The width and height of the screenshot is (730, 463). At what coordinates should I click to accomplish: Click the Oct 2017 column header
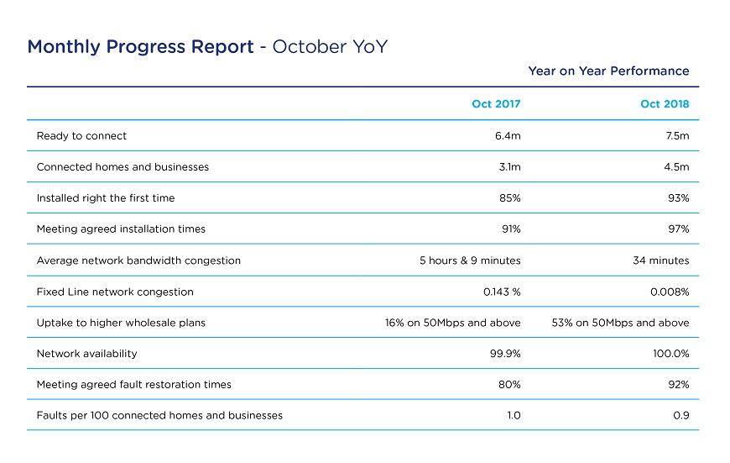click(x=496, y=104)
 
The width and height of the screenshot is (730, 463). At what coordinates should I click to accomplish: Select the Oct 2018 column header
click(x=665, y=104)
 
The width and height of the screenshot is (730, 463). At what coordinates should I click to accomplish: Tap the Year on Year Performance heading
click(x=608, y=71)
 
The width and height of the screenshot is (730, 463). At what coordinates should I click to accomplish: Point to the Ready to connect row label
click(x=81, y=136)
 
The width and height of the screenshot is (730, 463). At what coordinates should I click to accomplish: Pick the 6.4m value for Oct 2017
click(x=508, y=136)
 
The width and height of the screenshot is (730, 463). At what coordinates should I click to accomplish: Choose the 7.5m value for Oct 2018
click(x=676, y=136)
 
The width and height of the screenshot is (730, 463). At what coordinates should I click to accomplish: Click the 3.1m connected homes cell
click(x=509, y=167)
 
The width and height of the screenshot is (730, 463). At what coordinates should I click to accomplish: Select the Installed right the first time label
click(x=106, y=198)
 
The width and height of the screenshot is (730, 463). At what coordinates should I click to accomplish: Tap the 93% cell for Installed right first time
click(x=679, y=198)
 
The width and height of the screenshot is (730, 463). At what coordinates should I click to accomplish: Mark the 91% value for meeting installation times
click(x=511, y=229)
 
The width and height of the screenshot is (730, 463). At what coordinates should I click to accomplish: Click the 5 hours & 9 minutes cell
click(x=470, y=260)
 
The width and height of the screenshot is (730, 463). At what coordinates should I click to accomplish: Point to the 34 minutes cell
click(x=660, y=260)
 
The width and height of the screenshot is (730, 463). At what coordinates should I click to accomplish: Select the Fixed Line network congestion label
click(x=115, y=292)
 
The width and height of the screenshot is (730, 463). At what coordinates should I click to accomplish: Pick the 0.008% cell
click(x=670, y=292)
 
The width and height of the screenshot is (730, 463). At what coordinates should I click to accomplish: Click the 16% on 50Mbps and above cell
click(x=452, y=323)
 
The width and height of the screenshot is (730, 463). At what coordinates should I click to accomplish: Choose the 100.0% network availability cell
click(x=670, y=354)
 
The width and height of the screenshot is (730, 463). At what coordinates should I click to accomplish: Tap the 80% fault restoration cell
click(x=510, y=385)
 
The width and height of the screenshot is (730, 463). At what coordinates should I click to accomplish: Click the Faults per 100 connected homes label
click(x=159, y=415)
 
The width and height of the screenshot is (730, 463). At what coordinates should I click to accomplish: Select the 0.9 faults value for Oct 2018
click(x=681, y=415)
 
